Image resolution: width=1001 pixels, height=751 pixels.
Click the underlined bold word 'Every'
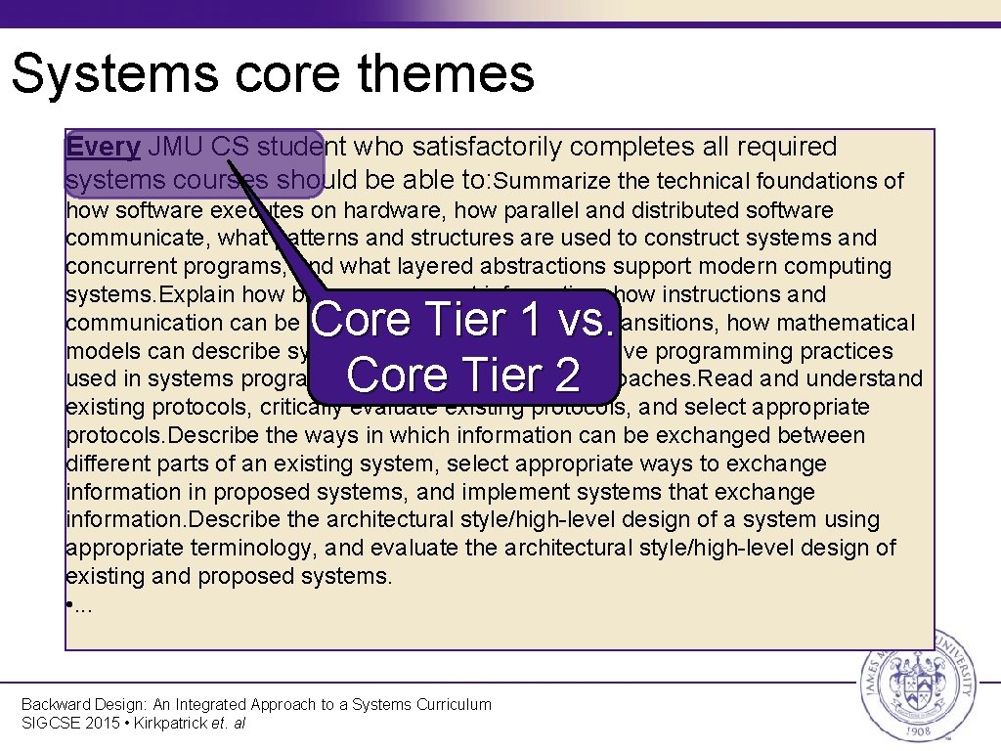[x=104, y=148]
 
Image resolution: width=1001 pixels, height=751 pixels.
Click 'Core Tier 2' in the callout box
[x=463, y=375]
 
